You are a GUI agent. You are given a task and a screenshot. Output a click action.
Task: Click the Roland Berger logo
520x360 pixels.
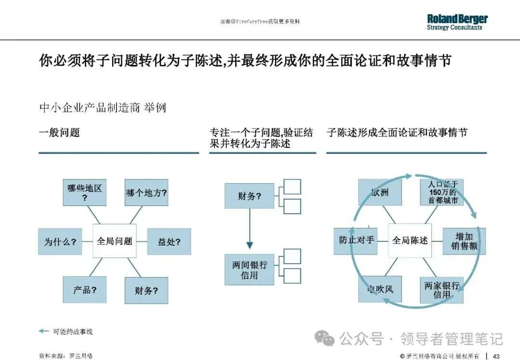457,22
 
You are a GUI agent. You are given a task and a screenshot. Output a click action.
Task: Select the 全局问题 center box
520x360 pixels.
114,241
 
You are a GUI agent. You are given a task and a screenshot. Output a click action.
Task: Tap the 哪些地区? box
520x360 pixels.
84,192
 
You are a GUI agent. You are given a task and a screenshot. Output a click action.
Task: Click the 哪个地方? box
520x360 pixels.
146,193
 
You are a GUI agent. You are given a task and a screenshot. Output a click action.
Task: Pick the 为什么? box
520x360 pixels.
60,242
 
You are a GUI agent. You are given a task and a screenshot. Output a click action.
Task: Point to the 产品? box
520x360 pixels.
84,290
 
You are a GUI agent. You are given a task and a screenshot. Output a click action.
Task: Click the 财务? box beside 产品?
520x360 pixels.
146,290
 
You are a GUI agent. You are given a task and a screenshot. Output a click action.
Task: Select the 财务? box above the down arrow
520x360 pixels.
249,196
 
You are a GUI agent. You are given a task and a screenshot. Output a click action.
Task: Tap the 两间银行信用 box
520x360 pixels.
249,270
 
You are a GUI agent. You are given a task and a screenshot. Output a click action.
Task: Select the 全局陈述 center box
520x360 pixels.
410,240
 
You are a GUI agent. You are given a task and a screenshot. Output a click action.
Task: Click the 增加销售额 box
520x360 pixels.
464,241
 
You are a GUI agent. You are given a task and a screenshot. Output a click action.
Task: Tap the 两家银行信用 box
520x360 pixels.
442,290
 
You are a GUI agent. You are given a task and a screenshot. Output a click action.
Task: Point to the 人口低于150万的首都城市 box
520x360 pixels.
442,192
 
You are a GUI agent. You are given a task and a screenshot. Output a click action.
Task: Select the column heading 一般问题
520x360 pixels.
59,132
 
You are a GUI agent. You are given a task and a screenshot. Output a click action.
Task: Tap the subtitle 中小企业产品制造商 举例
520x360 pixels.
102,107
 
